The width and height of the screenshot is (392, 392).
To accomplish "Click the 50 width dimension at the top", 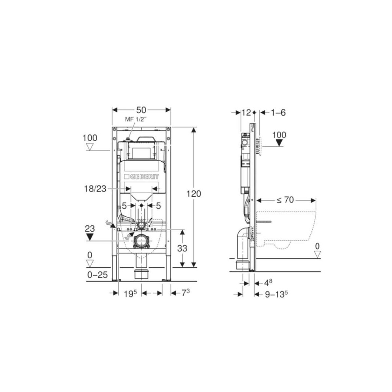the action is [141, 110].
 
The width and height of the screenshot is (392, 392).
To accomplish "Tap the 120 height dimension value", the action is [194, 194].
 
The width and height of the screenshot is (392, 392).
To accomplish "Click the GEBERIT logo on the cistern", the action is [142, 177].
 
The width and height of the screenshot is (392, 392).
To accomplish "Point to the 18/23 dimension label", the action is [95, 189].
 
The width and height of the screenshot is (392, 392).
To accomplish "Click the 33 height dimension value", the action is [182, 248].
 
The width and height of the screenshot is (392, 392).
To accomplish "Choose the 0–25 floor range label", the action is [98, 275].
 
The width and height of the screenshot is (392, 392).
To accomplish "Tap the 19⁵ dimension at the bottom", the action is [131, 294].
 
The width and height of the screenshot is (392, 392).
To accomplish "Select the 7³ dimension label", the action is [185, 293].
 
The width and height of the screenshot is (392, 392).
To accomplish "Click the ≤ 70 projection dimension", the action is [285, 200].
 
